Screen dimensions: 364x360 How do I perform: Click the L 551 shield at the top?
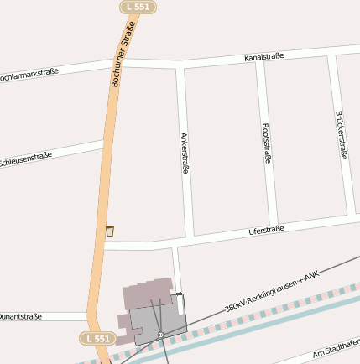[x=136, y=7]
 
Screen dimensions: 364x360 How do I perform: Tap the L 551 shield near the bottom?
[x=97, y=338]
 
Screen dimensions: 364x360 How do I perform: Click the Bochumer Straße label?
[x=123, y=56]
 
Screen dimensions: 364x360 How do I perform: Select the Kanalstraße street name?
[x=263, y=57]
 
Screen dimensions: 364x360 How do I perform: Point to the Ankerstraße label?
[x=185, y=152]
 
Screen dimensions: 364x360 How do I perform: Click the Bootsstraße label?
[x=267, y=143]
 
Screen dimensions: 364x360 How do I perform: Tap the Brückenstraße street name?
[x=342, y=135]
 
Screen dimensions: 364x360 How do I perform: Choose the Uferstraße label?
[x=267, y=230]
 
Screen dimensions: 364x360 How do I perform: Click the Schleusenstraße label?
[x=25, y=158]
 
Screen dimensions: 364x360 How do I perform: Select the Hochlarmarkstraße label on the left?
[x=28, y=75]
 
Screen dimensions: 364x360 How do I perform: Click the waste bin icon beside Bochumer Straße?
[x=109, y=231]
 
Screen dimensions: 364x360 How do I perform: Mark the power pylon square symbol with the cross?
[x=160, y=335]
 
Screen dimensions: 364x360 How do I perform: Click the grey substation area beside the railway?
[x=164, y=319]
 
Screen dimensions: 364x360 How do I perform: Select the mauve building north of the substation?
[x=143, y=295]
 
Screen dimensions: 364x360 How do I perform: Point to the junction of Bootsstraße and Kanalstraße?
[x=259, y=63]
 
